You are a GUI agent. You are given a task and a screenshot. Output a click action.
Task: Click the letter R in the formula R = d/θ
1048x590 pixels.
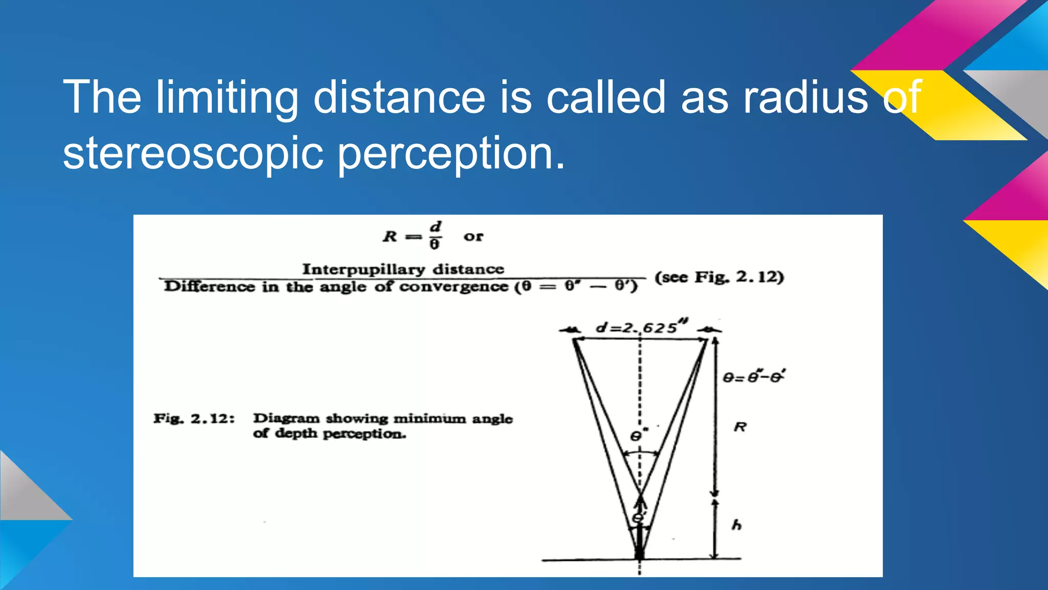pos(390,237)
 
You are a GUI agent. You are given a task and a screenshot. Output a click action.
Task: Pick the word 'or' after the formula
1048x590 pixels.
pos(473,237)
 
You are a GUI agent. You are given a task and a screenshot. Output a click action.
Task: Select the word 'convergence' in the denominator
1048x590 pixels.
pos(453,286)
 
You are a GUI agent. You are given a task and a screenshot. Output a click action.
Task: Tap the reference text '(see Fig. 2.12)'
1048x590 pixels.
pos(719,277)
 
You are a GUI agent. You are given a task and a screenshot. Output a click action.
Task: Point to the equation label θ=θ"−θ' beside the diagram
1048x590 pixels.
pos(754,377)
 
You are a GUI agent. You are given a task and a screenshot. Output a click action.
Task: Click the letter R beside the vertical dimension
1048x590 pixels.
pos(740,427)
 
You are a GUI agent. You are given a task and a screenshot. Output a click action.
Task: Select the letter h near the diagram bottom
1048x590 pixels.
pos(736,525)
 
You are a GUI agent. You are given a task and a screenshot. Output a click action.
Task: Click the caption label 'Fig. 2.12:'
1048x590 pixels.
pos(194,419)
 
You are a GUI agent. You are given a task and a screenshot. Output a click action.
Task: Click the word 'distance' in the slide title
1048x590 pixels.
pos(399,97)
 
